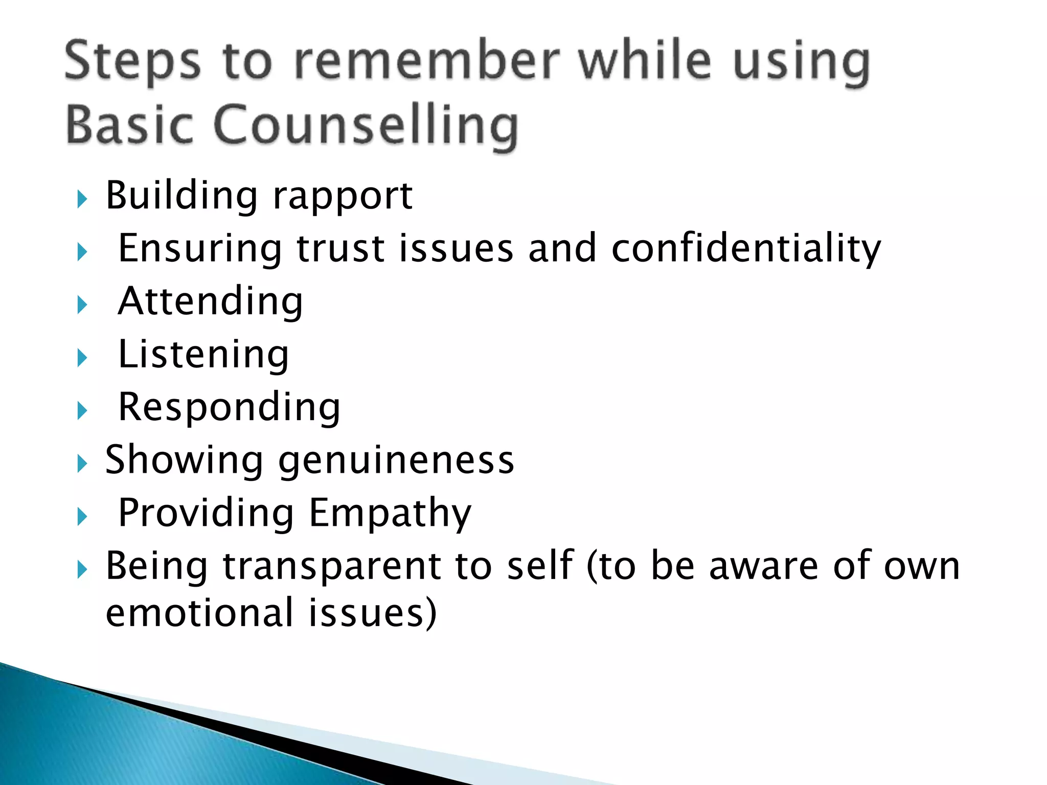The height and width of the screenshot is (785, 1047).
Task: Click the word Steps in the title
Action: (132, 63)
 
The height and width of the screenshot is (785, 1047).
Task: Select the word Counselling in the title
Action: (366, 125)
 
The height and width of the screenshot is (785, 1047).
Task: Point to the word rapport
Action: (343, 197)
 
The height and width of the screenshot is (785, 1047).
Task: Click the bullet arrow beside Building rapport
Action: (82, 199)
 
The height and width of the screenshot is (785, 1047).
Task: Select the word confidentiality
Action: (746, 249)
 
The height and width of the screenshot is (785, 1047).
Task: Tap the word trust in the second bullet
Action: (340, 249)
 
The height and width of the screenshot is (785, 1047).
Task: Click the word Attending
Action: (211, 302)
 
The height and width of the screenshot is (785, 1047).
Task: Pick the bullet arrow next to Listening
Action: (82, 357)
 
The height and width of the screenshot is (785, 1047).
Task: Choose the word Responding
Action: (229, 408)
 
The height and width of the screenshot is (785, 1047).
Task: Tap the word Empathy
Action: (390, 514)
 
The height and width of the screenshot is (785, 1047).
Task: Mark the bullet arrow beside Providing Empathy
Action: (82, 517)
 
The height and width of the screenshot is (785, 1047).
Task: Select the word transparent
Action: (332, 567)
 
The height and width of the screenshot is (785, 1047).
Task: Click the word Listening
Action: (203, 355)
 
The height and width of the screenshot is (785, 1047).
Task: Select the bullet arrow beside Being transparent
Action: (82, 569)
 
